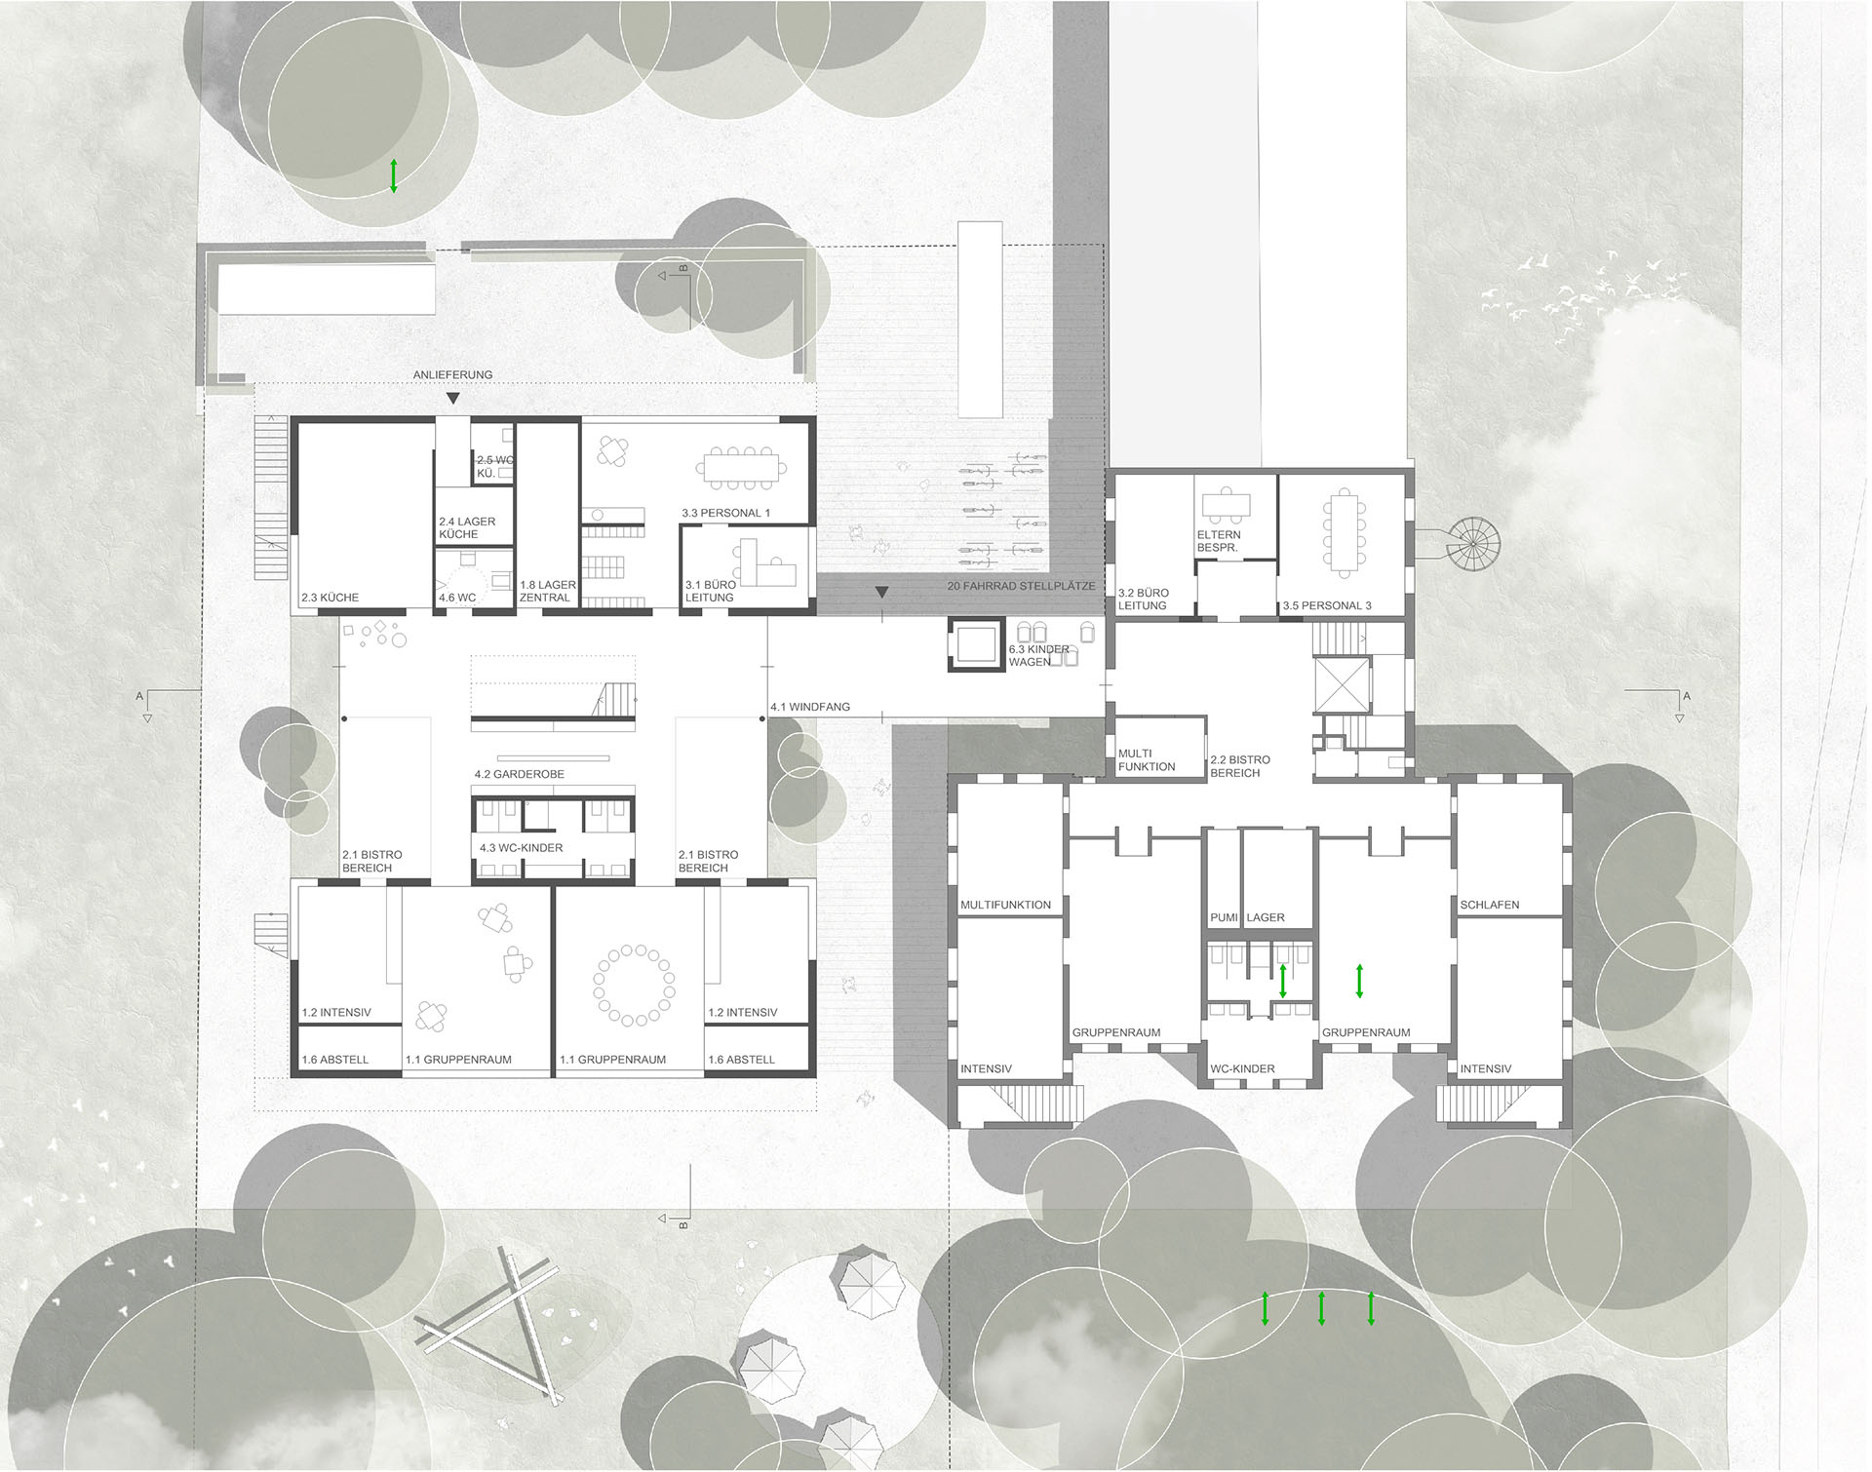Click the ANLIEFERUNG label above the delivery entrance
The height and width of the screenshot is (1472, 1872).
[452, 374]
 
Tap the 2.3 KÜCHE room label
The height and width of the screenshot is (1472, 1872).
[330, 598]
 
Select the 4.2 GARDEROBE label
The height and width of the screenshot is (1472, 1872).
[520, 774]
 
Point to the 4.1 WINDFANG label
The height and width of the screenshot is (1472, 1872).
[810, 707]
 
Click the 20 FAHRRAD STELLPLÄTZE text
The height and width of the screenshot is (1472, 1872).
[1021, 587]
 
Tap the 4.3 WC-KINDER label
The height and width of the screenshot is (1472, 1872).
[521, 848]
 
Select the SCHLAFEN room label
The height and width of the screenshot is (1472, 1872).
[1490, 905]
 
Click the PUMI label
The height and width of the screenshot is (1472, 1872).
[1224, 917]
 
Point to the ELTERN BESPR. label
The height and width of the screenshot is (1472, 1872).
[1219, 541]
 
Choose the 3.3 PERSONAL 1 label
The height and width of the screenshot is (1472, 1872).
[725, 513]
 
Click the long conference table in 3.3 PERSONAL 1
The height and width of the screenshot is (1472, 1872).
[741, 468]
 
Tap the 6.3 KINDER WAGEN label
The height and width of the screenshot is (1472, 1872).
[1039, 655]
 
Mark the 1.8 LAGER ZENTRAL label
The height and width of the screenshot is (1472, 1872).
[548, 592]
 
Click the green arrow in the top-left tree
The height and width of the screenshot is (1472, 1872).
[394, 175]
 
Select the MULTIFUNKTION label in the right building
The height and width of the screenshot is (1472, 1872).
[1005, 905]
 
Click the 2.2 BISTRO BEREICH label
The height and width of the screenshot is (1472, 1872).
[1240, 766]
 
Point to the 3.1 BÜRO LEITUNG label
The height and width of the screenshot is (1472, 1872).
[710, 592]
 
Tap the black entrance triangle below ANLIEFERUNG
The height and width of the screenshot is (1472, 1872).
[452, 398]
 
